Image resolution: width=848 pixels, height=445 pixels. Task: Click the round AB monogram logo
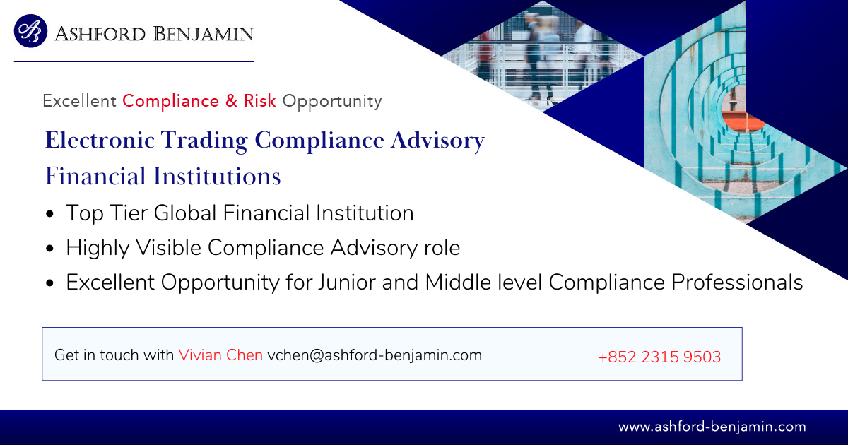[30, 31]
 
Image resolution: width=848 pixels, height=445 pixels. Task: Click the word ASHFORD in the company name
[100, 34]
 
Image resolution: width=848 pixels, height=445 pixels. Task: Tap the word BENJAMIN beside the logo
[204, 34]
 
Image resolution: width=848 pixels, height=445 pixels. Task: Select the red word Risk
[260, 100]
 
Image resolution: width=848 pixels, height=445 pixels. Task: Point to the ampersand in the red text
[231, 100]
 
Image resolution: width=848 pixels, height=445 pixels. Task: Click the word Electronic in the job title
[100, 140]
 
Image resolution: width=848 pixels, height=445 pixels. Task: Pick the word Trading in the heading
[204, 141]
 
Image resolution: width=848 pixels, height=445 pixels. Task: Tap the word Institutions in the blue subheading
[217, 176]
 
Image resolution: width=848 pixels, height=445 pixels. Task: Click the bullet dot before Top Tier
[49, 214]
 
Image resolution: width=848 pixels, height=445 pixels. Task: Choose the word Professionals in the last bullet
[737, 283]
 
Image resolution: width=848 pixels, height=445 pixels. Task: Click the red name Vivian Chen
[220, 355]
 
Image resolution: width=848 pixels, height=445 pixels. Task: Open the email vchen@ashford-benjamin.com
[375, 355]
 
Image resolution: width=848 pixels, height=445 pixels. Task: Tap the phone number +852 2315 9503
[659, 357]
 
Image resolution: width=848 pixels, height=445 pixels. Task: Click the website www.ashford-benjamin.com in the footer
[712, 427]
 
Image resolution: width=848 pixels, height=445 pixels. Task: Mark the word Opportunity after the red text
[332, 102]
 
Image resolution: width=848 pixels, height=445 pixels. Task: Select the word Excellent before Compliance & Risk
[79, 101]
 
